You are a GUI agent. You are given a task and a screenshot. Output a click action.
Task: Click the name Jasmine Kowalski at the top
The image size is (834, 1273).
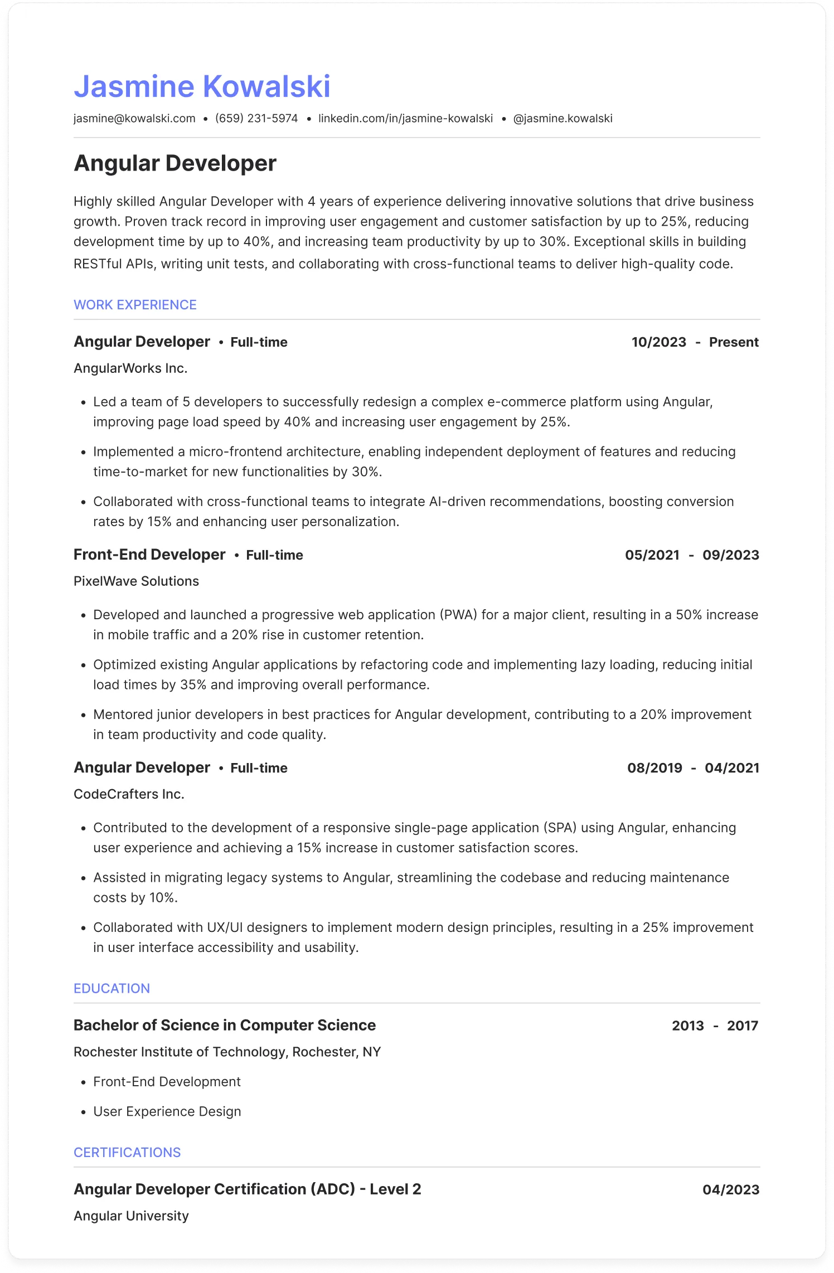[x=202, y=87]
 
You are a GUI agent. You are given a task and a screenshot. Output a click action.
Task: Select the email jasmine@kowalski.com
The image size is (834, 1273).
[x=134, y=119]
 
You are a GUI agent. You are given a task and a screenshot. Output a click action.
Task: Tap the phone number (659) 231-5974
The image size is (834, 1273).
[x=256, y=119]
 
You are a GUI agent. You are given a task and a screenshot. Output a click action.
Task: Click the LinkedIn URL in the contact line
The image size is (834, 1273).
[x=405, y=119]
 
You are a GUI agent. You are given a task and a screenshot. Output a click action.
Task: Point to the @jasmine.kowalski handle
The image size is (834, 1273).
[x=563, y=119]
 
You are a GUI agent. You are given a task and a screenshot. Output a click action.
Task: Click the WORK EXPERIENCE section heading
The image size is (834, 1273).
[x=135, y=305]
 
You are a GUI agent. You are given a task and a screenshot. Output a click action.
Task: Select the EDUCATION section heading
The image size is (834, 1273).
[x=111, y=988]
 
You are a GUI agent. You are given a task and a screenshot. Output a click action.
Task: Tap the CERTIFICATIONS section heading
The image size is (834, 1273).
[x=127, y=1152]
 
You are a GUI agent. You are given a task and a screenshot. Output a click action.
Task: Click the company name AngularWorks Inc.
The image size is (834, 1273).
[x=130, y=368]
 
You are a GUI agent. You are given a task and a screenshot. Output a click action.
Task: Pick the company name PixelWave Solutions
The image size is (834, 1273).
[x=136, y=581]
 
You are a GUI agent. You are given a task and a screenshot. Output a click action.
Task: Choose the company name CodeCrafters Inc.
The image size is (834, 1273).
[x=129, y=794]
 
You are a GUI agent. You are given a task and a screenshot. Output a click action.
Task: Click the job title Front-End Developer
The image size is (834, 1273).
[x=149, y=555]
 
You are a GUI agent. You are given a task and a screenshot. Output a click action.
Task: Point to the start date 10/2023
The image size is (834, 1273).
[x=658, y=342]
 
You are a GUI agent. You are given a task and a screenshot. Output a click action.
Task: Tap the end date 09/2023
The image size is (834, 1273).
[x=730, y=555]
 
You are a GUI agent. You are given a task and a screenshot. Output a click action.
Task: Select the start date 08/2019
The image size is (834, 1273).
[x=654, y=768]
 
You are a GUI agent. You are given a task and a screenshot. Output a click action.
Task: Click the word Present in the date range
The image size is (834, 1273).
[x=734, y=342]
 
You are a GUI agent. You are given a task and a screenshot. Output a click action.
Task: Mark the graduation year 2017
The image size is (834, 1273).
[x=742, y=1026]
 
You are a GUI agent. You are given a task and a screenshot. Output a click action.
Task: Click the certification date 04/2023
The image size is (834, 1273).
[x=730, y=1189]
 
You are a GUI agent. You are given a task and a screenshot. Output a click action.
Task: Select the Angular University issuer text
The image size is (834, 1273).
[x=131, y=1216]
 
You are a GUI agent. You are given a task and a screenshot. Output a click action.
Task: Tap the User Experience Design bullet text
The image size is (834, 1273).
[x=167, y=1111]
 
